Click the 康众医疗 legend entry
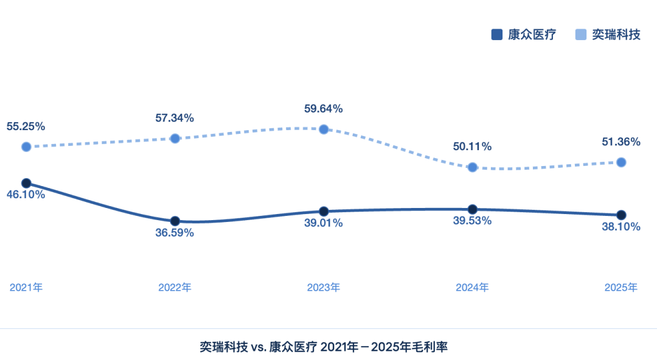pos(523,35)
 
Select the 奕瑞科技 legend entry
pos(608,35)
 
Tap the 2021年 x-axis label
pos(26,287)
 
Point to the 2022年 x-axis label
pos(175,287)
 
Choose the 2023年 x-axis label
pos(324,287)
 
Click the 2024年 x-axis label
pos(472,287)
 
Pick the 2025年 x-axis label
pos(621,287)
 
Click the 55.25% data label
pos(26,126)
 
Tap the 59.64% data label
pos(324,109)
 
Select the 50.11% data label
pos(472,147)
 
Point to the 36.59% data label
pos(175,232)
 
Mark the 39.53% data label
pos(472,220)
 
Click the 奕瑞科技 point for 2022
pos(175,138)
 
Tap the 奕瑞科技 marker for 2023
pos(324,129)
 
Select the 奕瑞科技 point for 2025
pos(621,162)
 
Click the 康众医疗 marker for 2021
pos(26,183)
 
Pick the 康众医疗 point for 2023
pos(324,212)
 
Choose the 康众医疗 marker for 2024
pos(472,209)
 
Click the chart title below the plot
pos(324,347)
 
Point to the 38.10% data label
pos(621,227)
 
